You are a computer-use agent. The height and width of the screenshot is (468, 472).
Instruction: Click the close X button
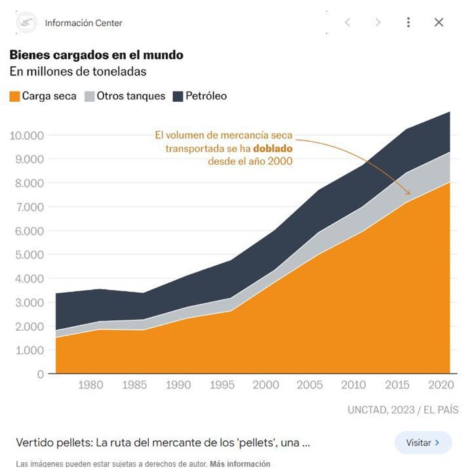coord(439,22)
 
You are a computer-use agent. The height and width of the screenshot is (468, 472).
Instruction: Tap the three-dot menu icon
coord(408,22)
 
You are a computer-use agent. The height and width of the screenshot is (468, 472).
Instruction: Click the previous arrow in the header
coord(347,22)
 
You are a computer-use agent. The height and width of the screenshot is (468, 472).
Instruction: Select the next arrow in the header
coord(378,22)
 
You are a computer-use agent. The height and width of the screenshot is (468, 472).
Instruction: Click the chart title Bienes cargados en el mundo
coord(96,54)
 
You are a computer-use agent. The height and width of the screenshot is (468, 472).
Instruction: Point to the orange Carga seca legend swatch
coord(14,96)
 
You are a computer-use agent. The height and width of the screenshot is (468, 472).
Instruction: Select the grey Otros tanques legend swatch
coord(90,96)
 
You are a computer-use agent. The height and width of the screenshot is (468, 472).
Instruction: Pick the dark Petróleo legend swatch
coord(178,96)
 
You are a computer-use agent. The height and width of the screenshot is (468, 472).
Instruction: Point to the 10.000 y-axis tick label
coord(27,135)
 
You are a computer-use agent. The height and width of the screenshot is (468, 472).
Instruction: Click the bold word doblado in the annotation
coord(270,148)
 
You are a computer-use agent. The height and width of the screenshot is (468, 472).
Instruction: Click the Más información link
coord(240,463)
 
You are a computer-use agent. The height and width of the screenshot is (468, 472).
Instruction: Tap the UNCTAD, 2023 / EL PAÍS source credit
coord(403,410)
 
